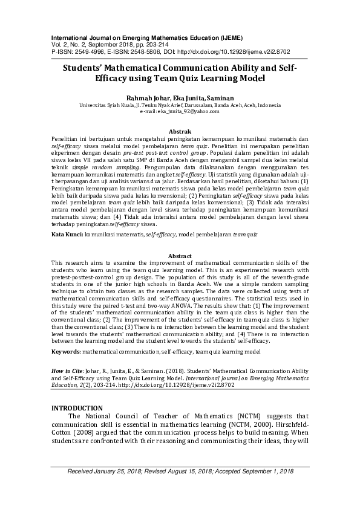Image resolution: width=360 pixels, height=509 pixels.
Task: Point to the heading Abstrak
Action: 180,131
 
